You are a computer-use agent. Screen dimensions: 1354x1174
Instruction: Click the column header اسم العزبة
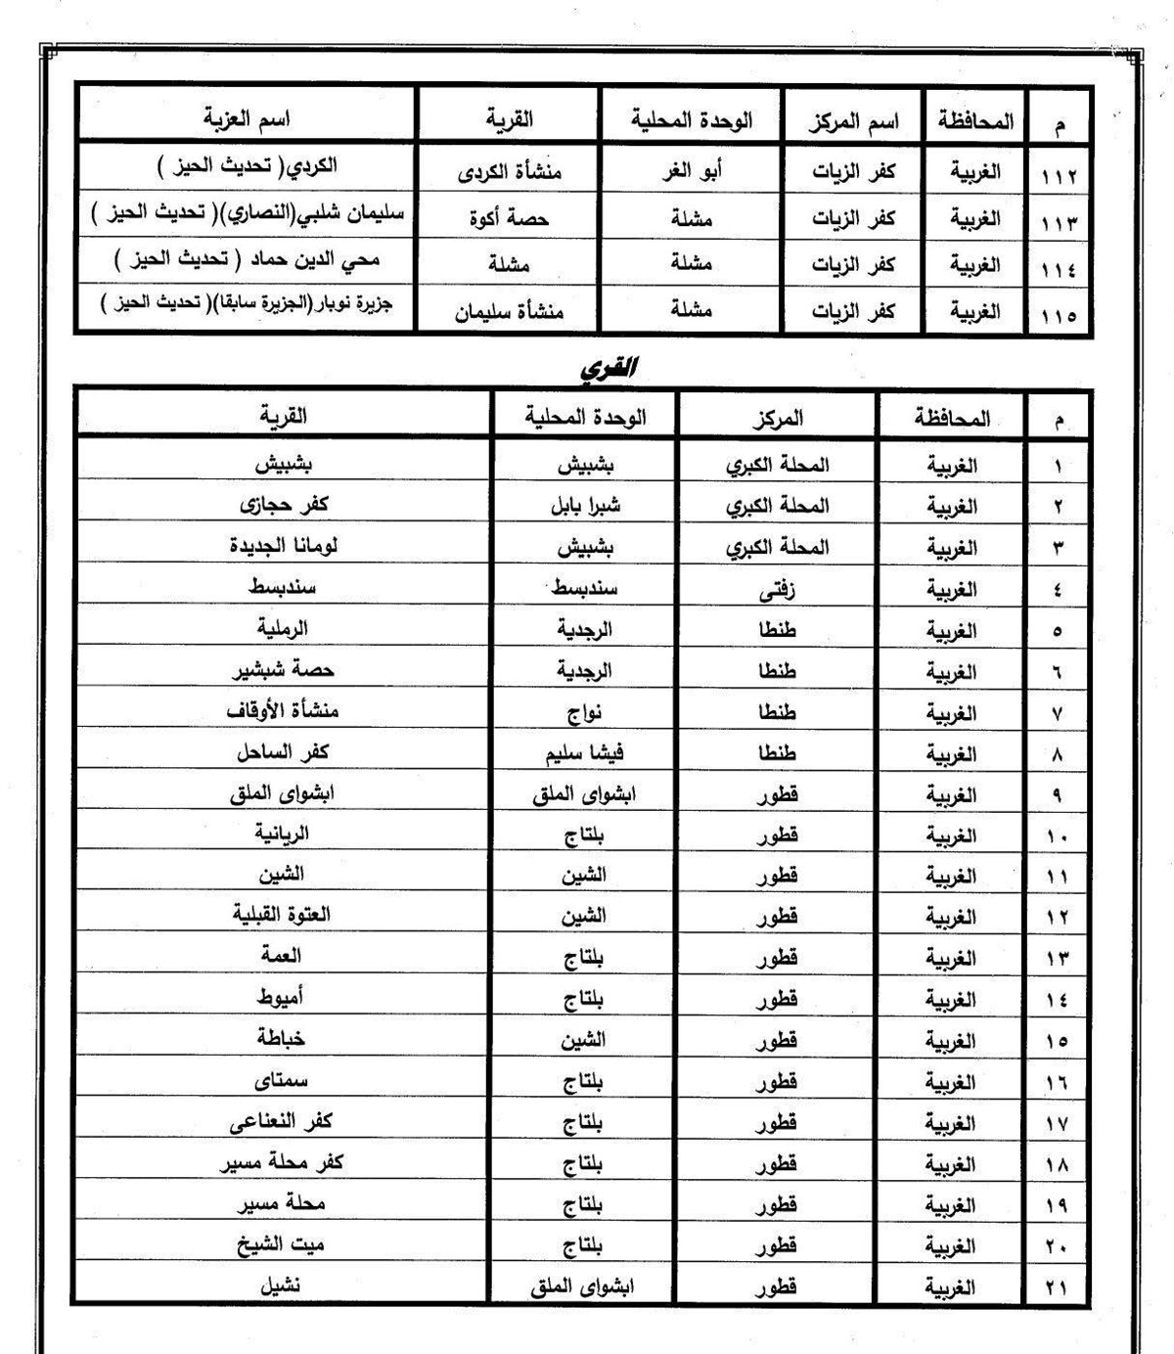pyautogui.click(x=247, y=119)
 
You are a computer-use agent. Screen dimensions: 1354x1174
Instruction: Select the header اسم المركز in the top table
pyautogui.click(x=855, y=122)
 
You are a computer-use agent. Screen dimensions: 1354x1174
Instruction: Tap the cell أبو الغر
pyautogui.click(x=692, y=171)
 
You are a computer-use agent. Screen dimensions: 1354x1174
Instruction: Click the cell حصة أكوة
pyautogui.click(x=509, y=218)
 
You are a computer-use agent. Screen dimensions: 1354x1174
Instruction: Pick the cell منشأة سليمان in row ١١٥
pyautogui.click(x=510, y=312)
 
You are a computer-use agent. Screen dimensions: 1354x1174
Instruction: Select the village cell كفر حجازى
pyautogui.click(x=284, y=506)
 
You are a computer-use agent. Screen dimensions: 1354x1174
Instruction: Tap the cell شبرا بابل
pyautogui.click(x=583, y=506)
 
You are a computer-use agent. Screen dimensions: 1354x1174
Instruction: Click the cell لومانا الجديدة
pyautogui.click(x=283, y=547)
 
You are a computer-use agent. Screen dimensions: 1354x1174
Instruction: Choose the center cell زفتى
pyautogui.click(x=778, y=590)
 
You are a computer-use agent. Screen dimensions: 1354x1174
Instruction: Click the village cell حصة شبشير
pyautogui.click(x=283, y=670)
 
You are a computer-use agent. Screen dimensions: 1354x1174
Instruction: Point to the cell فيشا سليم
pyautogui.click(x=584, y=753)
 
